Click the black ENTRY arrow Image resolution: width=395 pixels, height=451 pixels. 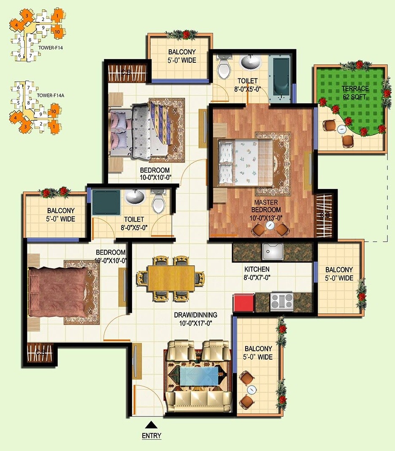[151, 424]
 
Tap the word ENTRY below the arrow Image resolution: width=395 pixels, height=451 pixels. [151, 435]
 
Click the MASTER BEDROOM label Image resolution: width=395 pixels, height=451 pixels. [266, 206]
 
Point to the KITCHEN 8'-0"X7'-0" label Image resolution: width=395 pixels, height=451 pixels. [257, 273]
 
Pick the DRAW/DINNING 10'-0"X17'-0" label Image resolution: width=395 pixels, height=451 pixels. [195, 319]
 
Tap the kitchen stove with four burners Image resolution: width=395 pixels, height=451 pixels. [281, 302]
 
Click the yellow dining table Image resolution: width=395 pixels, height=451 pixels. [171, 278]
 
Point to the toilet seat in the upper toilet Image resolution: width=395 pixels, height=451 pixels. [223, 67]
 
